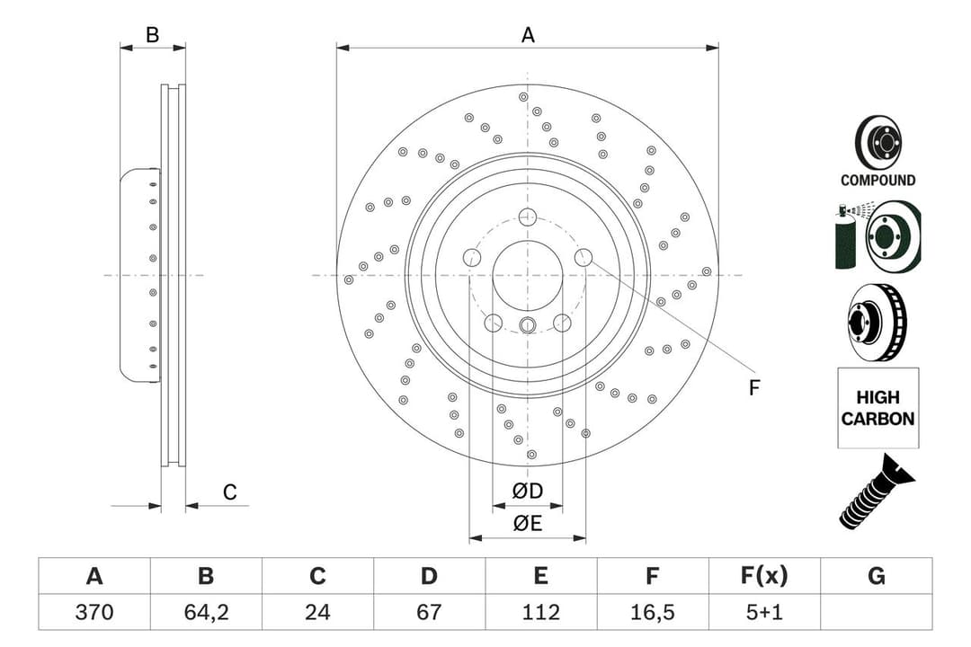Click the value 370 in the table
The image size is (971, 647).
[x=94, y=612]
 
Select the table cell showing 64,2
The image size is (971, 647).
[x=206, y=612]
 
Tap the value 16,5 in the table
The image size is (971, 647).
[x=653, y=612]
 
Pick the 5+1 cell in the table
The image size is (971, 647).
[x=765, y=612]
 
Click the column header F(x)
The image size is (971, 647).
[x=765, y=576]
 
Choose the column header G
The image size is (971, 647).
[x=877, y=576]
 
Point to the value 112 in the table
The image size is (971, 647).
[x=540, y=612]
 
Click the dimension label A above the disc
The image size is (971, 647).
[x=528, y=35]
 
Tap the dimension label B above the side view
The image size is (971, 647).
[x=153, y=35]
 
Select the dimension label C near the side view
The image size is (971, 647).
[x=230, y=492]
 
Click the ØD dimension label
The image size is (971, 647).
[x=528, y=492]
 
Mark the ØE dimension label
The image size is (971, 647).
[x=528, y=524]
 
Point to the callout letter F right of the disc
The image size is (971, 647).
[x=754, y=388]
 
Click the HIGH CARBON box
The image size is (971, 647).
[x=877, y=408]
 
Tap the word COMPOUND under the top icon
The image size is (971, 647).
[x=877, y=180]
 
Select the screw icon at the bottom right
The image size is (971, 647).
[x=876, y=492]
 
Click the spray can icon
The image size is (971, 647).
[x=847, y=238]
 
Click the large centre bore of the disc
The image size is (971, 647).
[x=528, y=275]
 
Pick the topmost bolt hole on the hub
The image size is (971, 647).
[x=528, y=217]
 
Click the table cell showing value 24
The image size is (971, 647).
[x=317, y=612]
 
